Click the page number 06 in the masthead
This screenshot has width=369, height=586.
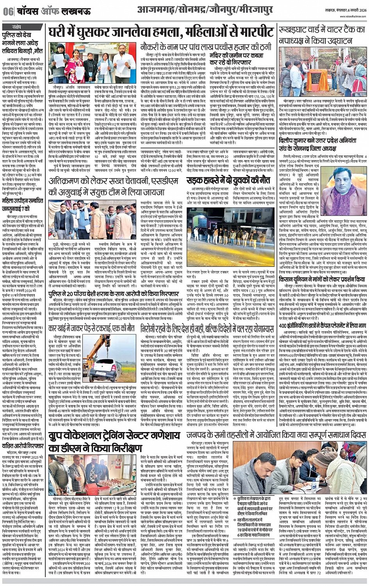point(8,12)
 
